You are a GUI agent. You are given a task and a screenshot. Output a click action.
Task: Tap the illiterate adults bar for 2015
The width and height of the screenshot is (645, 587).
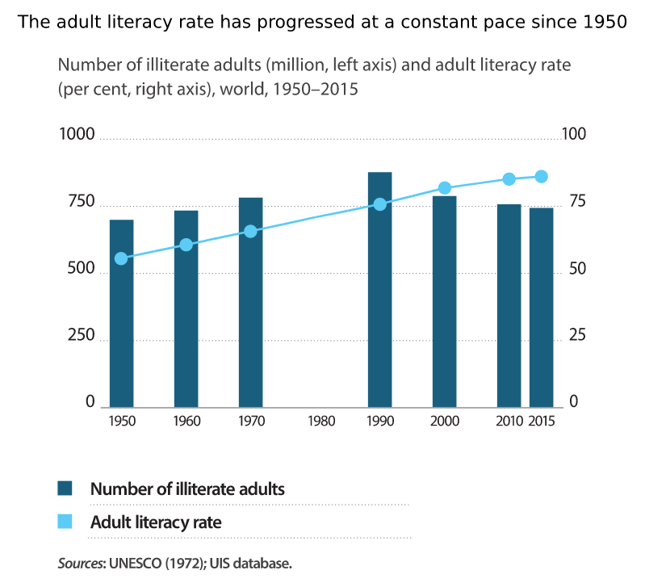tap(541, 308)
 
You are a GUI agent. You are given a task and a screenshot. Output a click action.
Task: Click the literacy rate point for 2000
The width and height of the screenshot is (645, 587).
tap(445, 188)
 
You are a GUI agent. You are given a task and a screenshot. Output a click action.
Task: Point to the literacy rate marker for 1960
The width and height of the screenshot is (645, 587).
tap(186, 245)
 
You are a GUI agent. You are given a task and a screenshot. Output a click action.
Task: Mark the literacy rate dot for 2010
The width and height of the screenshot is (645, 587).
tap(509, 178)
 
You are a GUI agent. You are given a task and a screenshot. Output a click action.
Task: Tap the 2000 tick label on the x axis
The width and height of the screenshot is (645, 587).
tap(445, 421)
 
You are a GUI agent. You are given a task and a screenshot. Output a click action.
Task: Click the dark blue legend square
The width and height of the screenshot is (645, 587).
tap(65, 488)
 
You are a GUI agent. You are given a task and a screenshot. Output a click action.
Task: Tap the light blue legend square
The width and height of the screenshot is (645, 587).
tap(65, 522)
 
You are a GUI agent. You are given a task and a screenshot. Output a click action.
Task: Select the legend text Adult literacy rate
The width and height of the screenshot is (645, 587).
tap(156, 522)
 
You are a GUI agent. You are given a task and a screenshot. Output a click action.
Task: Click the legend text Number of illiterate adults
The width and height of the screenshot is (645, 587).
tap(187, 488)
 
